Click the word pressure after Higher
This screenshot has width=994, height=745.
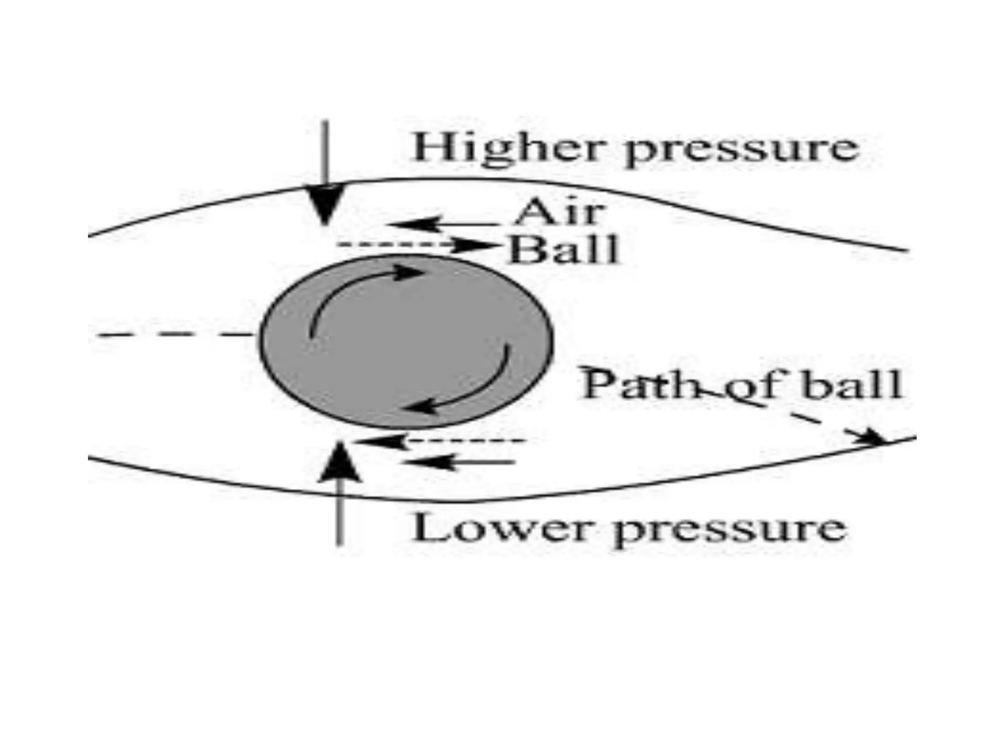[x=741, y=150]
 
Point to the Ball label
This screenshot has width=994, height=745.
[x=563, y=250]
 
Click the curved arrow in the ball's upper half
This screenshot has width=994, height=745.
[x=359, y=291]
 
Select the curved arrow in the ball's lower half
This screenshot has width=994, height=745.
[x=466, y=388]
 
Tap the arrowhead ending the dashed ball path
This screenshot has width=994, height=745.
[x=874, y=437]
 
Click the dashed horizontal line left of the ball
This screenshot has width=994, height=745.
[x=175, y=335]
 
